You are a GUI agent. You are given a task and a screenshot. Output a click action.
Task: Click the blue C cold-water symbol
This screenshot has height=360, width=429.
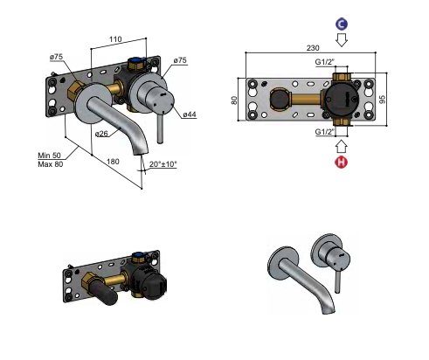(342, 24)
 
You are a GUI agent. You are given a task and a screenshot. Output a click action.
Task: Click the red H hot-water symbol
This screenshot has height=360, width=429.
(342, 162)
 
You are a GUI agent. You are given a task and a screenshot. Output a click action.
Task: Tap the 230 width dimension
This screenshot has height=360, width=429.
(313, 48)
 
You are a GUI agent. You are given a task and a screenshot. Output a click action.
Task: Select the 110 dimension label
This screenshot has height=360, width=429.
(115, 39)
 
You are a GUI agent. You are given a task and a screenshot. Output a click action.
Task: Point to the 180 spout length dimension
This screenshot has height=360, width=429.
(113, 162)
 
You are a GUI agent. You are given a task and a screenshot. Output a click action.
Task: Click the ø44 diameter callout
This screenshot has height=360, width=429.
(190, 114)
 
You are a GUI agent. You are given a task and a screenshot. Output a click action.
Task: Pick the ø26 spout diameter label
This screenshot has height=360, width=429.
(101, 134)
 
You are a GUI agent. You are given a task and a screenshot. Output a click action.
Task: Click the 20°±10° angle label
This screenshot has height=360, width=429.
(163, 164)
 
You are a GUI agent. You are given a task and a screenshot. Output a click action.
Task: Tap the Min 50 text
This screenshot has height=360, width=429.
(49, 156)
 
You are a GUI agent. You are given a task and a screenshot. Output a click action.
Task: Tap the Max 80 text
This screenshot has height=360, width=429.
(51, 164)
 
